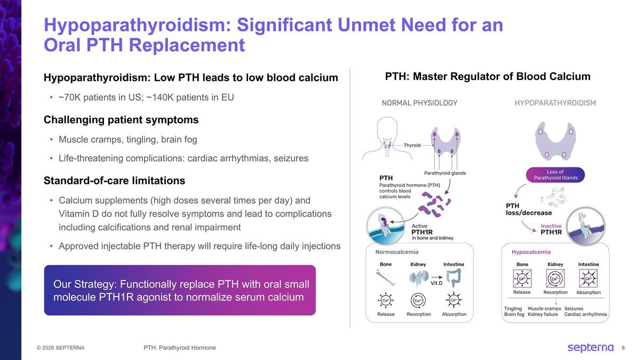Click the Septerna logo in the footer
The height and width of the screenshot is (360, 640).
(590, 348)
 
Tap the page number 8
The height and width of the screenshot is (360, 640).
(623, 348)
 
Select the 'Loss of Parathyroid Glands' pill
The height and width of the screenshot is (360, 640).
(555, 175)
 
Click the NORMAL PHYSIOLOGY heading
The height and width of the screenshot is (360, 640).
(419, 103)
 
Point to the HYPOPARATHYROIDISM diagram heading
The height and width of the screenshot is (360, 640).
(555, 103)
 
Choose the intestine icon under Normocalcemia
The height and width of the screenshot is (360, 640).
(453, 277)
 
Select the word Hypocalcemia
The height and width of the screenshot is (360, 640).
(531, 252)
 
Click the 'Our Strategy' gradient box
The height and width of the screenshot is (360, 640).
(180, 290)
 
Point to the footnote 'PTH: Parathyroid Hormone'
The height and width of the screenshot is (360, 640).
(180, 348)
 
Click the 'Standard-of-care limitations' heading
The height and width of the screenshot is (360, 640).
(114, 180)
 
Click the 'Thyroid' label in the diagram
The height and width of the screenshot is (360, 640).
(412, 145)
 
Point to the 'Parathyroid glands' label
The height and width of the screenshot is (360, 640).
(445, 173)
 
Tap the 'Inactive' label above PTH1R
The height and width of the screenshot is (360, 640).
(551, 226)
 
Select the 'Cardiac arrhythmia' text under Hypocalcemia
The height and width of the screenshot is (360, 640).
(585, 314)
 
